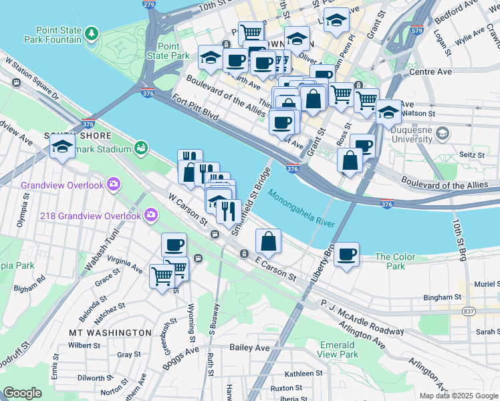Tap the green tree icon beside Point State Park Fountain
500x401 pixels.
click(91, 32)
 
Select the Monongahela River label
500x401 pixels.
click(302, 207)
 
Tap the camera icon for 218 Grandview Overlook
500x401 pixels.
click(151, 215)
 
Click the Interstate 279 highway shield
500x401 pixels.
click(148, 5)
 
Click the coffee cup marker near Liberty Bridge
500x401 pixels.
click(347, 254)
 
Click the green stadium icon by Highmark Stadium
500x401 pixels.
click(141, 148)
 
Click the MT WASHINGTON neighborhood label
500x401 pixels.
click(110, 332)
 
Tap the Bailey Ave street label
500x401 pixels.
click(249, 348)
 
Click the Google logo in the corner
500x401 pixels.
click(23, 394)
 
